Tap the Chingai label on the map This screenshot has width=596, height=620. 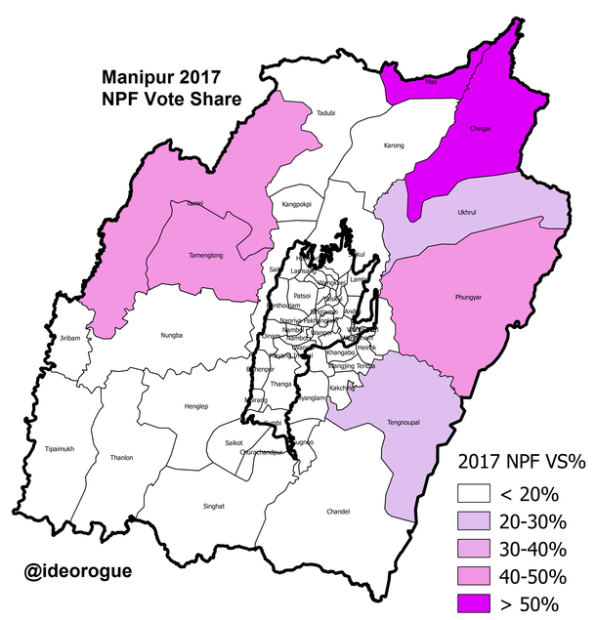[x=481, y=128]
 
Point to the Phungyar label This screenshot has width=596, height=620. [x=470, y=296]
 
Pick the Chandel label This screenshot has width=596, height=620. [x=339, y=511]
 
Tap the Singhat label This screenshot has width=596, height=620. [x=213, y=506]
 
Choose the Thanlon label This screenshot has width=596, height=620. [x=122, y=457]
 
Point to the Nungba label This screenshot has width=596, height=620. [x=172, y=336]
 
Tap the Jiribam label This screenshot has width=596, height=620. [x=68, y=337]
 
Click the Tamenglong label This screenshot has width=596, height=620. [x=207, y=256]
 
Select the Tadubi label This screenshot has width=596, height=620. [x=325, y=113]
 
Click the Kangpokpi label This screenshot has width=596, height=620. [x=297, y=205]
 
